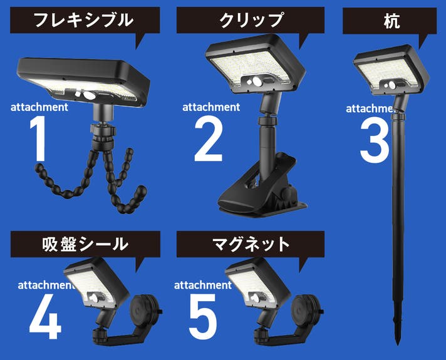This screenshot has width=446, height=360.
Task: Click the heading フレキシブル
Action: pos(83,20)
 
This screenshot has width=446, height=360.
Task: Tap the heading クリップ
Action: pos(251,20)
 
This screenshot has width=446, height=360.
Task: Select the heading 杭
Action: pos(392,21)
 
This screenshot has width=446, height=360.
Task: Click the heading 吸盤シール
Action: pos(85,244)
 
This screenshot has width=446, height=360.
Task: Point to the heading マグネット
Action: pos(251,244)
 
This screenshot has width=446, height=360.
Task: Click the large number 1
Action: pos(39,139)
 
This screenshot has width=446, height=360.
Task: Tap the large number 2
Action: pos(208,139)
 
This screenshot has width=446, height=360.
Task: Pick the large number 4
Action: pos(46,316)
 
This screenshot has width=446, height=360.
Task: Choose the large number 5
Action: pos(203,317)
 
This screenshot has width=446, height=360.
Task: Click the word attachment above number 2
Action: pos(211,107)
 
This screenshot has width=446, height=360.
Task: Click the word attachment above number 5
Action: pos(203,285)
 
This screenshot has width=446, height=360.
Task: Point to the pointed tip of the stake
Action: pos(398,344)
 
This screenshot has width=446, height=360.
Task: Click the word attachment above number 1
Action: pos(39,107)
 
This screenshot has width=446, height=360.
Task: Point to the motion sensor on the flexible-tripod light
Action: pos(89,96)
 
